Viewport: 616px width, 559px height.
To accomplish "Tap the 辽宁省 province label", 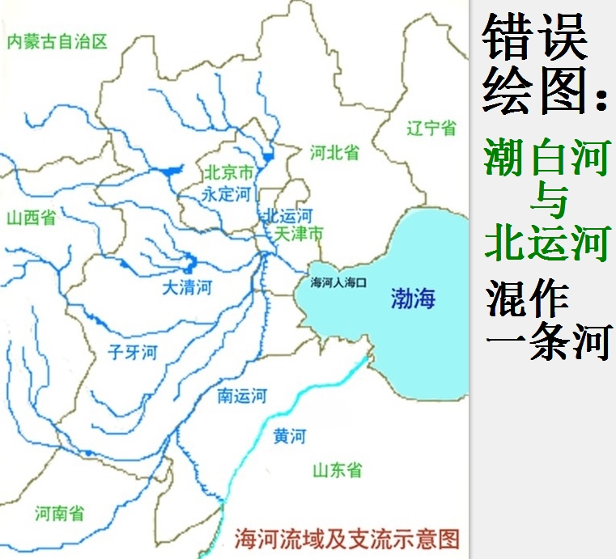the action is [431, 128].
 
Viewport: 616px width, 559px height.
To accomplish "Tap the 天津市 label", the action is [300, 234].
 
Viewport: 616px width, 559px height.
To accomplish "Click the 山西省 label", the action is [31, 217].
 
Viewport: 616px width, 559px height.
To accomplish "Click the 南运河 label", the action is [242, 396].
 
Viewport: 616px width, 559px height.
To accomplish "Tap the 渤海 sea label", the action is [413, 299].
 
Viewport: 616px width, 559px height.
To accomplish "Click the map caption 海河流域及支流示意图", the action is [346, 538].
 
